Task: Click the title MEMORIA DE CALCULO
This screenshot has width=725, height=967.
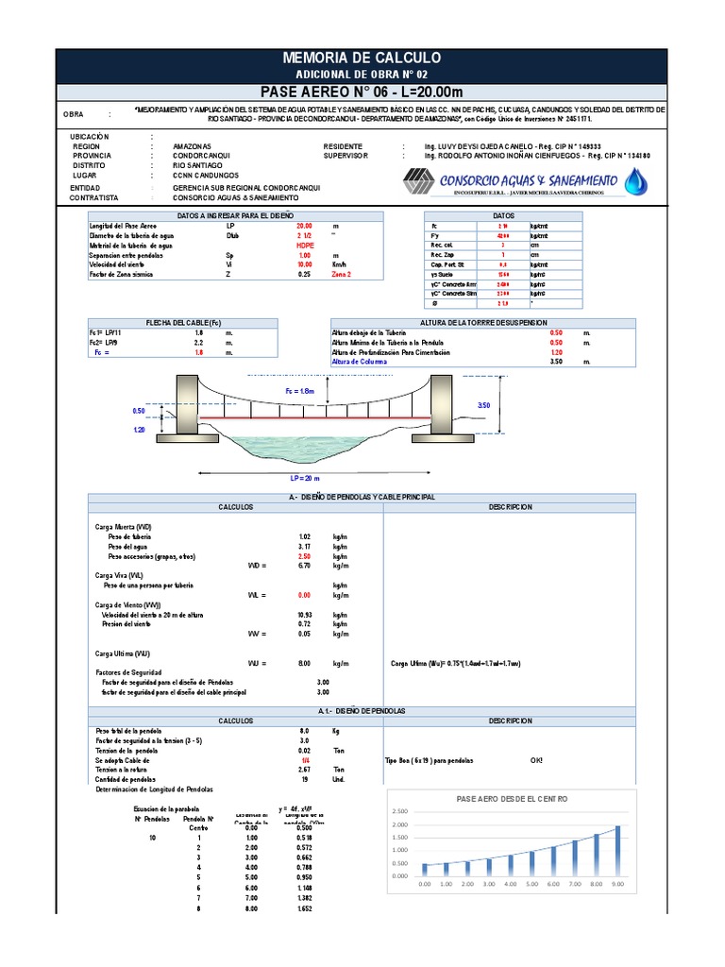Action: point(362,59)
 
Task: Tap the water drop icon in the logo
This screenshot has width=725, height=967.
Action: point(638,179)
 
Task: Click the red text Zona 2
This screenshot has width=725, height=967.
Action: point(336,274)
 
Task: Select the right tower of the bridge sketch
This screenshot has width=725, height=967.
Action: point(441,407)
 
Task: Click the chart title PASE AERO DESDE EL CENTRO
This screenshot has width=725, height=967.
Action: point(512,799)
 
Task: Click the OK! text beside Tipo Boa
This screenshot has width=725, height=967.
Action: point(537,760)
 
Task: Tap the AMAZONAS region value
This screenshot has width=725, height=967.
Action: point(193,147)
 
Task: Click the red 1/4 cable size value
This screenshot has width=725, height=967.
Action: point(304,760)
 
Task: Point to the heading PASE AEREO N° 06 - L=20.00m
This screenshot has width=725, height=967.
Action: point(362,92)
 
